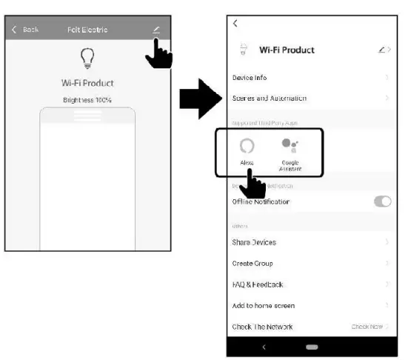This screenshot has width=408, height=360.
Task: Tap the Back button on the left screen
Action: (25, 30)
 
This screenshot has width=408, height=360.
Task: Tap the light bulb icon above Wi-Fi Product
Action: (87, 59)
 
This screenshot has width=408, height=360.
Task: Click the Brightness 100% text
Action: (87, 99)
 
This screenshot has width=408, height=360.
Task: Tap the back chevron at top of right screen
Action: (235, 24)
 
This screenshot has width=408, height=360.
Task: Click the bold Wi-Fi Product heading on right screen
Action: (287, 50)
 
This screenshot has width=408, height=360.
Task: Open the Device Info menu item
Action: (250, 78)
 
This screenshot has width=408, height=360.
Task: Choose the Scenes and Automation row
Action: (269, 99)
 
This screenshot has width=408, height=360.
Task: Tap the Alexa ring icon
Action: (247, 145)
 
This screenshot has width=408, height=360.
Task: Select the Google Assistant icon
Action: (290, 145)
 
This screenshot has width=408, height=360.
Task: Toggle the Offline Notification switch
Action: (382, 201)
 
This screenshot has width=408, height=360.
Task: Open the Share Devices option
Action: (254, 242)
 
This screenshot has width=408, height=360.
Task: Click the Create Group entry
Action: (253, 264)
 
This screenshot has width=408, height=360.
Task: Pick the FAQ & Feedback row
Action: (258, 284)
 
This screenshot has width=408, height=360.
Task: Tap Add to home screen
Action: (264, 305)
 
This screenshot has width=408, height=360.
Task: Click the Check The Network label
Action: (262, 327)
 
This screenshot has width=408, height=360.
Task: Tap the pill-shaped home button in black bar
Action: (311, 346)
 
